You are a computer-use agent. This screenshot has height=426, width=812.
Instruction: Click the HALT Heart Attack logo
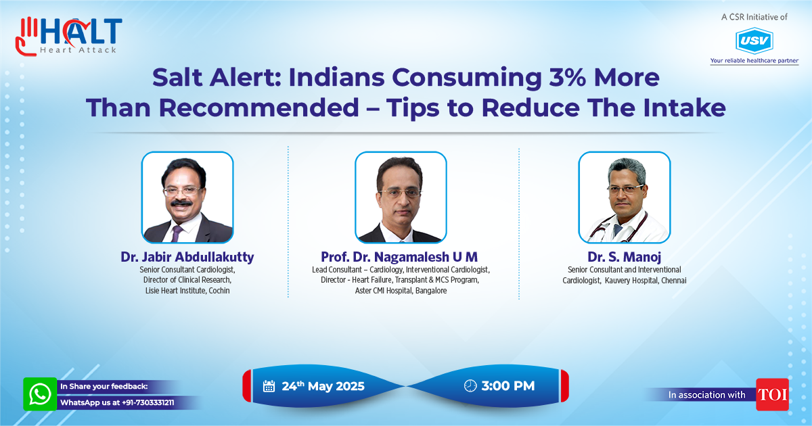coord(69,37)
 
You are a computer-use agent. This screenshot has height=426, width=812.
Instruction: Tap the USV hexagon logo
coord(754,41)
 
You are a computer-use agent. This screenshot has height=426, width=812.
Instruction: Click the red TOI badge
coord(772,394)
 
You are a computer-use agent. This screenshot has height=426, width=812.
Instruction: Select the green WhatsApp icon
coord(40,394)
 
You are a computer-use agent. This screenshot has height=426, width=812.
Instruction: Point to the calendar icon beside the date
coord(269,386)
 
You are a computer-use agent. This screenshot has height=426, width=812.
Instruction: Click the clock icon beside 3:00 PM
coord(470,386)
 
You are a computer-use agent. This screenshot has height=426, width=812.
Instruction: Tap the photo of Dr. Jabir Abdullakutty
coord(187,197)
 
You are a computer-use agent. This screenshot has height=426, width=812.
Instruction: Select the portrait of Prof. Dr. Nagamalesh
coord(401,197)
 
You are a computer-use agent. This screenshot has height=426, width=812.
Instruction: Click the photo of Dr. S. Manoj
coord(624,197)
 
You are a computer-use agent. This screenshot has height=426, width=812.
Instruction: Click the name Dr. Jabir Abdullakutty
coord(187,257)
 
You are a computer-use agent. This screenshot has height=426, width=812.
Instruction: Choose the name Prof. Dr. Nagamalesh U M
coord(399,257)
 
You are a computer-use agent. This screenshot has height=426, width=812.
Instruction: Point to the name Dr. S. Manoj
coord(624,257)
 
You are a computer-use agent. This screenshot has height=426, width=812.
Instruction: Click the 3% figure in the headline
coord(567,77)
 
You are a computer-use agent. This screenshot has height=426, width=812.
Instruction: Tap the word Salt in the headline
coord(177,77)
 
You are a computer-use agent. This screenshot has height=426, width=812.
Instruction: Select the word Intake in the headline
coord(684,108)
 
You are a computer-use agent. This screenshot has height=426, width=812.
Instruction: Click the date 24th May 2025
coord(323,386)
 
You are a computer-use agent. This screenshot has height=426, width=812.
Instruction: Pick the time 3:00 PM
coord(508,386)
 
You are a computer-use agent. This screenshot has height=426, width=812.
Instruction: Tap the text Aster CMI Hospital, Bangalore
coord(401,291)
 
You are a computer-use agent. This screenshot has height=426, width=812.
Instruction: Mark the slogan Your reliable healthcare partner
coord(754,60)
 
